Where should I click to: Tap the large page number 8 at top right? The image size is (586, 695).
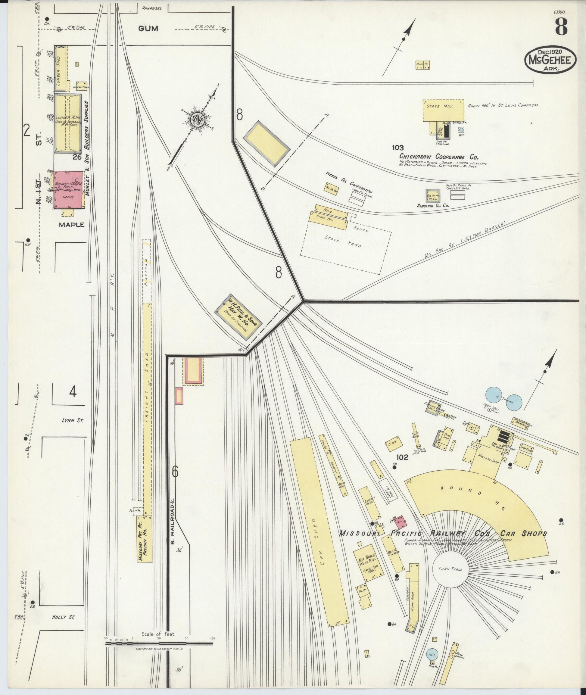(561, 26)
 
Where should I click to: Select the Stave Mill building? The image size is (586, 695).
(443, 110)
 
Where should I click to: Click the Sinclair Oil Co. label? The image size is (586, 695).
(433, 206)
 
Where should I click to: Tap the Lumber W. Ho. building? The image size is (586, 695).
(68, 123)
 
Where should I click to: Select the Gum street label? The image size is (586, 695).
(148, 29)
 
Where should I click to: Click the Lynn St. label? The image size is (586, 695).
(72, 420)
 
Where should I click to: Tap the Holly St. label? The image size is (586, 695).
(63, 617)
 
